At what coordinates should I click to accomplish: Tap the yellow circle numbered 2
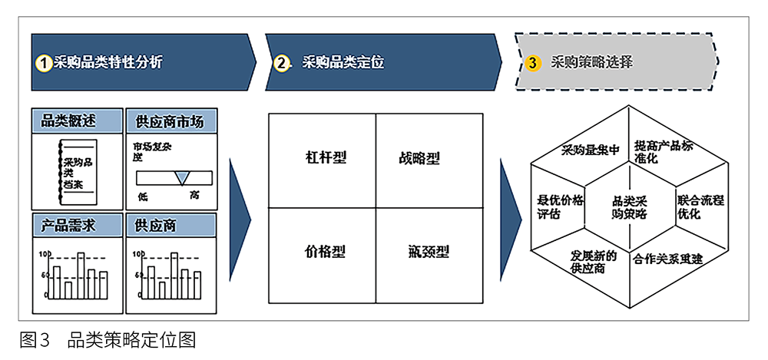click(282, 63)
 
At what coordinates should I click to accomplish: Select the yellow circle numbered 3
click(533, 63)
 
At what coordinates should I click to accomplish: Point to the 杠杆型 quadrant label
click(326, 159)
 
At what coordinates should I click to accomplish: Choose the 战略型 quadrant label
click(419, 159)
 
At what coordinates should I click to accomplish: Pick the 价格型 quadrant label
click(326, 252)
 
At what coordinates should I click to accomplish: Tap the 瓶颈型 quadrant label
click(429, 252)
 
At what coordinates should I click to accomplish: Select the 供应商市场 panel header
click(170, 121)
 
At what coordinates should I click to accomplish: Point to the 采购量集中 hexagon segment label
click(590, 149)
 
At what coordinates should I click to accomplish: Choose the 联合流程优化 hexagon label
click(700, 206)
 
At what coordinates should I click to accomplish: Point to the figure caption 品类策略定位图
click(131, 339)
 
